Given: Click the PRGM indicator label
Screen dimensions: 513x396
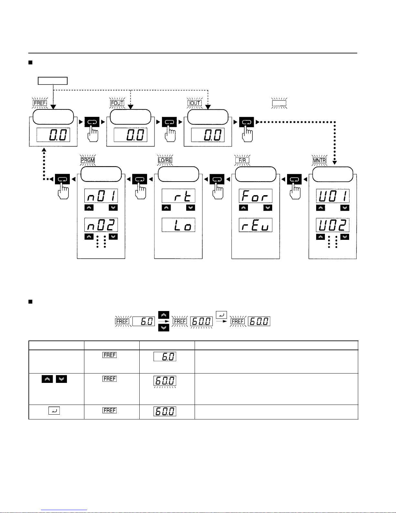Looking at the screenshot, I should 88,160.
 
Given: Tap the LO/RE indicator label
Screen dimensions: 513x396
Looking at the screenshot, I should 165,160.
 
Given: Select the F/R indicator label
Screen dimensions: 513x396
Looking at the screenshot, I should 242,160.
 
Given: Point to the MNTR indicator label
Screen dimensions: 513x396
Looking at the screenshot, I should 319,160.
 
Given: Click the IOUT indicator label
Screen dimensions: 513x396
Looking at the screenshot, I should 195,103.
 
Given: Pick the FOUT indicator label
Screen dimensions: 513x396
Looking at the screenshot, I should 117,103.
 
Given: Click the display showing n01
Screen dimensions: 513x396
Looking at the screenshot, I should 101,196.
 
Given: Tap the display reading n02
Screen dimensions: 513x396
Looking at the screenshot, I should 101,225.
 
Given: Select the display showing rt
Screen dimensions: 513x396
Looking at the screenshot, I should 178,196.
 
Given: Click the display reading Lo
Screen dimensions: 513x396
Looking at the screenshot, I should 178,225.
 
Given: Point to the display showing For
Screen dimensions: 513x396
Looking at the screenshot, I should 256,196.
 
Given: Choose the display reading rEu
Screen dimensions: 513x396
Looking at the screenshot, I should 256,225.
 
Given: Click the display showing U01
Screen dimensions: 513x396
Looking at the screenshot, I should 333,196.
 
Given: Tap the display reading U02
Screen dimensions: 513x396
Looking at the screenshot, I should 333,225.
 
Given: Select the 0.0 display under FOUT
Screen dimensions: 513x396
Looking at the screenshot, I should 131,135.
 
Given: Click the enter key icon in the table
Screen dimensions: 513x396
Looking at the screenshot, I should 54,411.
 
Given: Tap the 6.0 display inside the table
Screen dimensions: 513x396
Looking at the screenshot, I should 165,356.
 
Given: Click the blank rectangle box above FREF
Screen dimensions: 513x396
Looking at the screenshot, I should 53,81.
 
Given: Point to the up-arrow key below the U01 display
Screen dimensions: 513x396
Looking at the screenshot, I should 320,208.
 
